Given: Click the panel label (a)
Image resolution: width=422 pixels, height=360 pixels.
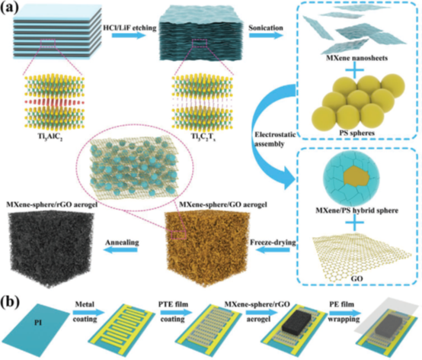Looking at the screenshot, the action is pos(10,8).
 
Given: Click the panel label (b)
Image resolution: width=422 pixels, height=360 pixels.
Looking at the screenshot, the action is pos(10,301).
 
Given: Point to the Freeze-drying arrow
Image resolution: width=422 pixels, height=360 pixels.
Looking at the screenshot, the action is pos(273,250).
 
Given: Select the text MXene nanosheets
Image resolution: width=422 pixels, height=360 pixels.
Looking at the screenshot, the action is pos(356,58).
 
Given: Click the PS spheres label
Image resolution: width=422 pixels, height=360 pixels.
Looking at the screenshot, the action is pos(356,133).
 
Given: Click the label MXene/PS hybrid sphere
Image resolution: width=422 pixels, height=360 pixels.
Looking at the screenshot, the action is pos(356,211).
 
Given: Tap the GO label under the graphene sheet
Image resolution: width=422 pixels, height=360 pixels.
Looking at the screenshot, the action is pos(356,278).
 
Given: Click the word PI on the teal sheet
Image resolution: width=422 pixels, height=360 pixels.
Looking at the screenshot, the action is pos(38,323).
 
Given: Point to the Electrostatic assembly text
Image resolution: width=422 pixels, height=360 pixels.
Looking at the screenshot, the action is pos(274,139).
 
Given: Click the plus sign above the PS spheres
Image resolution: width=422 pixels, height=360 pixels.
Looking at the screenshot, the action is pos(355,70).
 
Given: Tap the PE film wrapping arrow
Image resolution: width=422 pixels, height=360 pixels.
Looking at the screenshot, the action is pos(344,313).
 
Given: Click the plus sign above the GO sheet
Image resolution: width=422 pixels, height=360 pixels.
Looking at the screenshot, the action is pos(355,223).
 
